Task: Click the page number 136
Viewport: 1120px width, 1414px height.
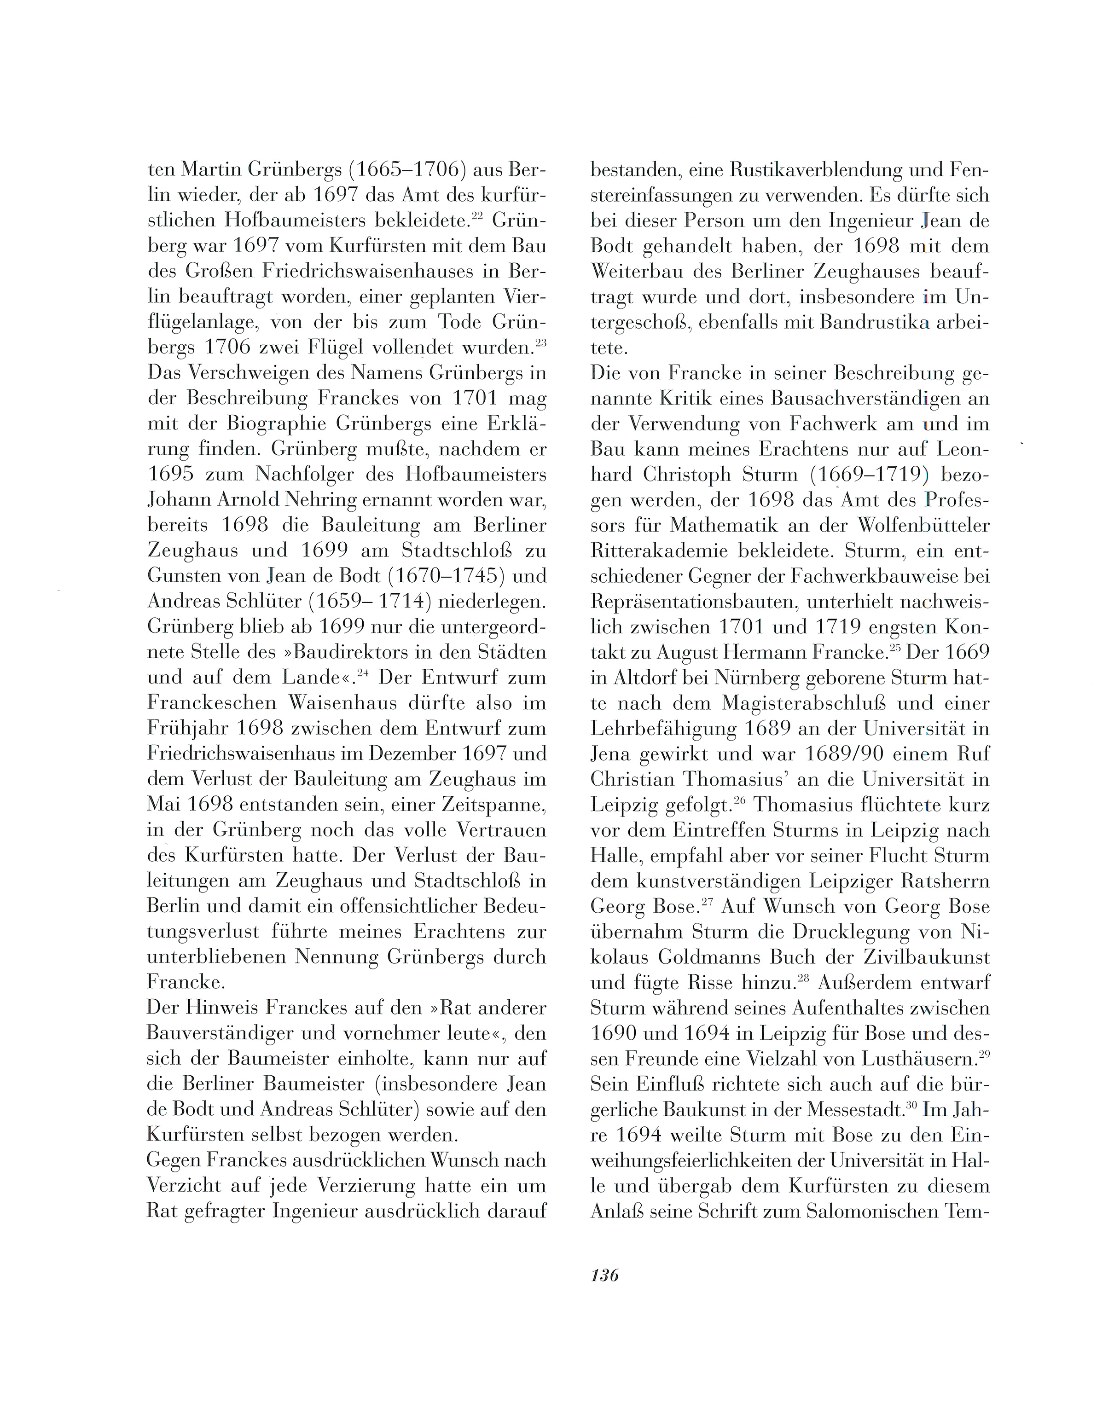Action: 604,1275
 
